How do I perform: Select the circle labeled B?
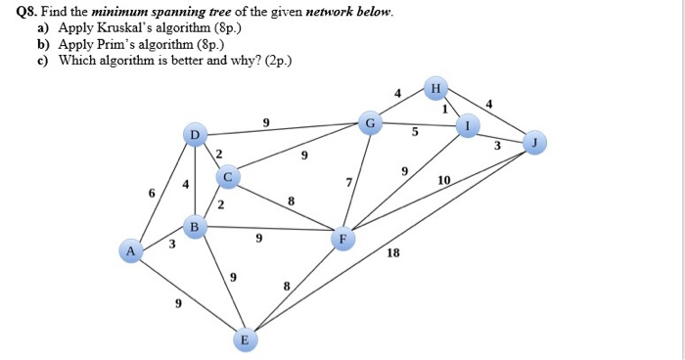point(195,227)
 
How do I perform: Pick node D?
point(195,133)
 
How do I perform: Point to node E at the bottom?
point(246,339)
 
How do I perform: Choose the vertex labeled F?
point(342,238)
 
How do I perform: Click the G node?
point(370,122)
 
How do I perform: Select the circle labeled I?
point(469,127)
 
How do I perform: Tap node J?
point(534,144)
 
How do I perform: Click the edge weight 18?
point(393,252)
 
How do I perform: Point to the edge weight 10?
point(444,181)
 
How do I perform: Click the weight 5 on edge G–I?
point(415,132)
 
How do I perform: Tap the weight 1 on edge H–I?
point(444,110)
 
